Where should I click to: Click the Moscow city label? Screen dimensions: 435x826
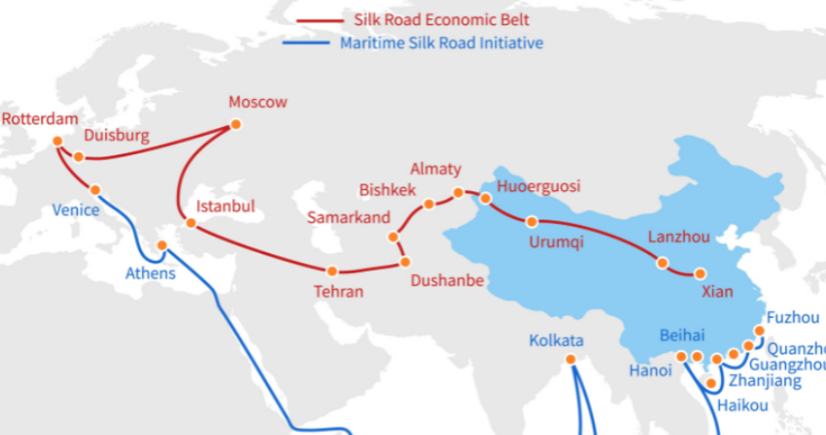point(258,102)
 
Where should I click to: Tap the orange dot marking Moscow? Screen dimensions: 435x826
point(234,124)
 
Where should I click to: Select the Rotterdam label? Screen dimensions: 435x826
point(39,118)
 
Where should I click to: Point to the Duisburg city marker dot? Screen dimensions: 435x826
point(79,155)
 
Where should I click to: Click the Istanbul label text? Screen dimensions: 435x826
point(224,206)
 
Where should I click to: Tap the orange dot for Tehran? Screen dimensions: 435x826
point(332,271)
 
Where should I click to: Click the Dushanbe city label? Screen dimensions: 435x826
point(447,282)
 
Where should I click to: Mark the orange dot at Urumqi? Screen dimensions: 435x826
point(531,221)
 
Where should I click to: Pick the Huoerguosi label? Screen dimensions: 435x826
point(537,186)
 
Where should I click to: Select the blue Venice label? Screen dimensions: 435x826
point(75,210)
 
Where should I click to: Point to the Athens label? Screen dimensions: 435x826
point(151,273)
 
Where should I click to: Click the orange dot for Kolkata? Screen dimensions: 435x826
point(570,359)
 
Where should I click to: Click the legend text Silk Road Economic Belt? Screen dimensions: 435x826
point(421,19)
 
